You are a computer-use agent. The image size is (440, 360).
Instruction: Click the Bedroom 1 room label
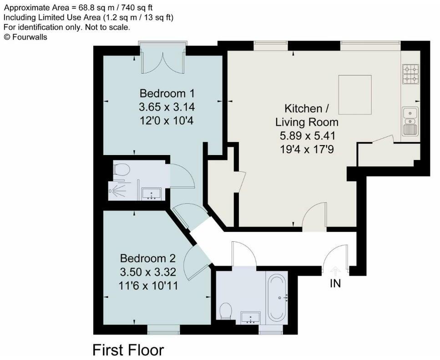click(167, 94)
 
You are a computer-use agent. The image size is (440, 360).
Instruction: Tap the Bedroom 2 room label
click(147, 258)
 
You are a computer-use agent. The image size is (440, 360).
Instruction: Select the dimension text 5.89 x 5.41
click(307, 135)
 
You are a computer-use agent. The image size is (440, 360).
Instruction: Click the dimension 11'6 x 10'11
click(148, 286)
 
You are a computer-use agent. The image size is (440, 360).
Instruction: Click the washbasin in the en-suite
click(150, 194)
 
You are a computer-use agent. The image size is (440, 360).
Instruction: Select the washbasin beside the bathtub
click(249, 317)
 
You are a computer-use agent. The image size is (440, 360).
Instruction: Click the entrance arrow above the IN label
click(335, 271)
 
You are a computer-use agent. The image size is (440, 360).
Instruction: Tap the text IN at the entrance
click(335, 284)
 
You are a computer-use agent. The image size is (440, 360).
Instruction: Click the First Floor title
click(128, 350)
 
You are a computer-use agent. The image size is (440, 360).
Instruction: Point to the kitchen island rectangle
click(355, 95)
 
